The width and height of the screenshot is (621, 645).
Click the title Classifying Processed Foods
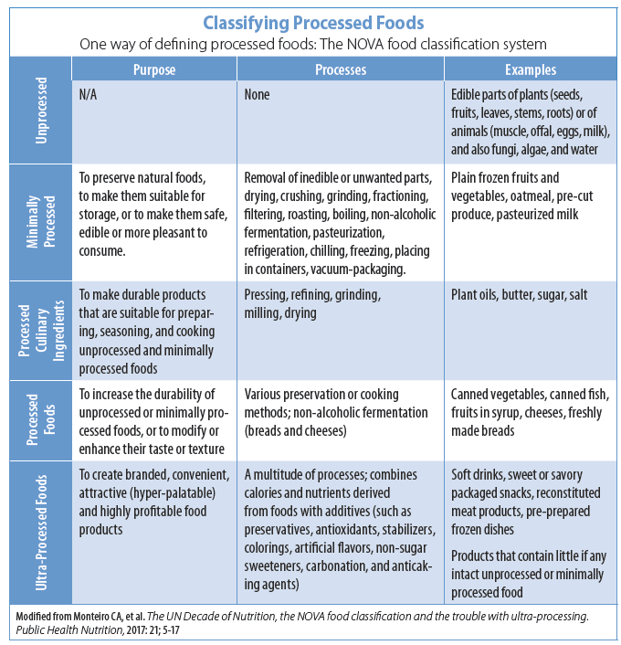[311, 21]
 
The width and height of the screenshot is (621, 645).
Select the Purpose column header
[154, 69]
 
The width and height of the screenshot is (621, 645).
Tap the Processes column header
[340, 69]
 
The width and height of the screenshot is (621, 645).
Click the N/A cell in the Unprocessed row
[90, 96]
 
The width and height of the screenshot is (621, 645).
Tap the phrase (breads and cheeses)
[298, 430]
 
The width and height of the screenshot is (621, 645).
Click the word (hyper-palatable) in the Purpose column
[163, 493]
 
